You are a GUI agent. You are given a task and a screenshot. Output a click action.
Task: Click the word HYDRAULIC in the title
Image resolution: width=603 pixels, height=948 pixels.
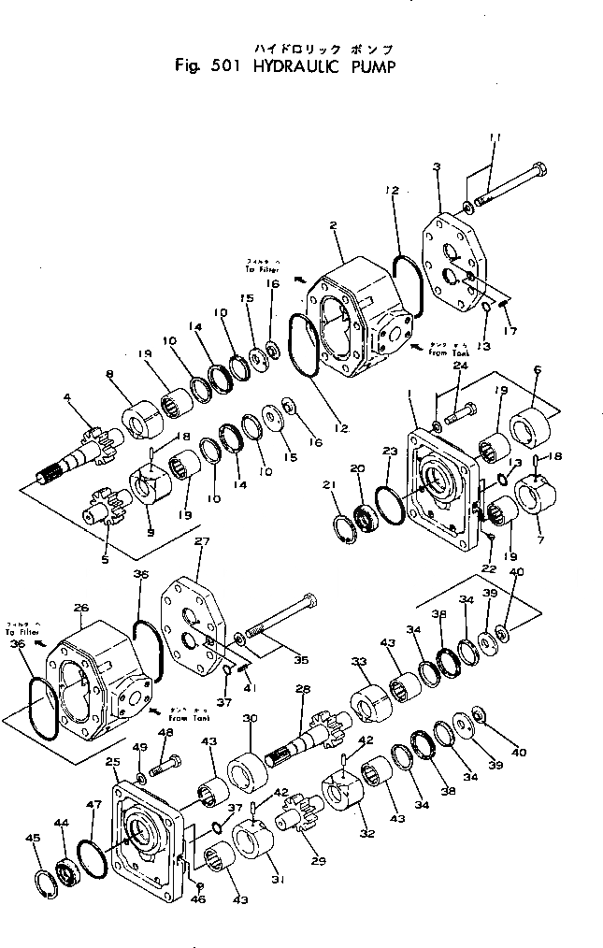[295, 66]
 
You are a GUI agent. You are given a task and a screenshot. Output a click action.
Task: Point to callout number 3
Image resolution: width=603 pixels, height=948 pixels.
[438, 167]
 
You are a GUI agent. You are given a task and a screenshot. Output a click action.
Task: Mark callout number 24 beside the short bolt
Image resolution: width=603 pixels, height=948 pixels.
[460, 366]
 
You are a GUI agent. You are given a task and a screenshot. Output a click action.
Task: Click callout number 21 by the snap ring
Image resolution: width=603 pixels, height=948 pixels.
[329, 483]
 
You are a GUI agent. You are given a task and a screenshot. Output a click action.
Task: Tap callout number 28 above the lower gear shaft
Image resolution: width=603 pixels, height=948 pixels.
[302, 689]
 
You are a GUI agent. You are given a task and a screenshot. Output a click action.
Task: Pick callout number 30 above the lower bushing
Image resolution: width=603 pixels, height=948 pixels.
[249, 718]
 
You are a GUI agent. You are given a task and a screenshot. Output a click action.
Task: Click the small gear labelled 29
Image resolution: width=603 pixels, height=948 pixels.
[300, 820]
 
